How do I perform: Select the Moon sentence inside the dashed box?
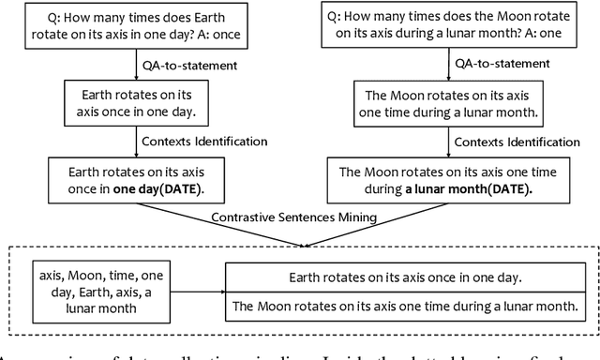(x=407, y=305)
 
